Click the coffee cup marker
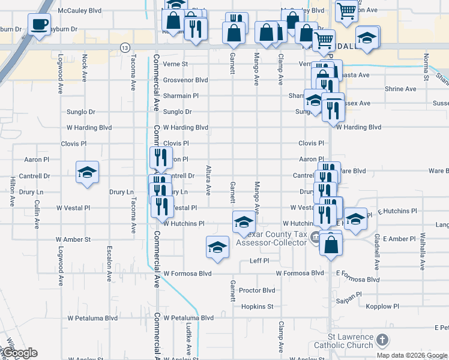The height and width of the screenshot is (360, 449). (40, 25)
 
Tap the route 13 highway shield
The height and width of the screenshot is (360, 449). (124, 47)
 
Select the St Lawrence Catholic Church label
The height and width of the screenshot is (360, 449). (359, 341)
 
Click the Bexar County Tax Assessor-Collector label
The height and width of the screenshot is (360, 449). (273, 239)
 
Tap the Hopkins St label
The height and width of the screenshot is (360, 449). (258, 307)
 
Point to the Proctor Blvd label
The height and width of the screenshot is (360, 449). (257, 290)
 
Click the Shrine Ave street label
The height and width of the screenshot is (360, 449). (400, 89)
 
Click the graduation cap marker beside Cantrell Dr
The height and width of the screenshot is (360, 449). (88, 172)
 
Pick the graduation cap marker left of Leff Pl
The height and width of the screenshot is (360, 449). (217, 247)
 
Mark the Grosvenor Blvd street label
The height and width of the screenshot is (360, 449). (185, 80)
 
